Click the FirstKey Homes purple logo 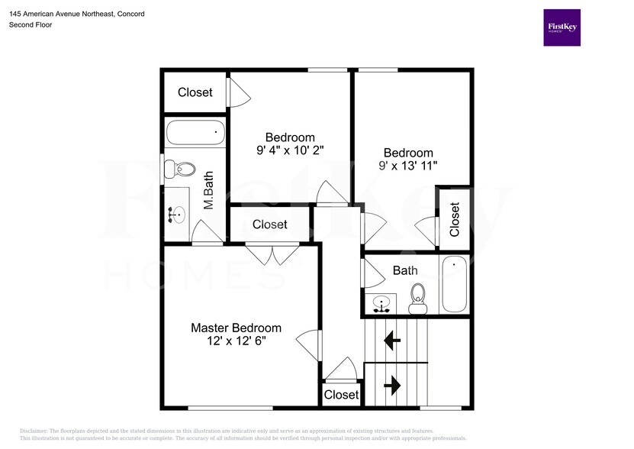(562, 27)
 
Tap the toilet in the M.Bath (180, 169)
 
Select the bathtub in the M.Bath (195, 132)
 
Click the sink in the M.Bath (177, 214)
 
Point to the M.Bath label (208, 190)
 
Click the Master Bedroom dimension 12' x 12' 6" (237, 341)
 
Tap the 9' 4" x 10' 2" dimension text (290, 150)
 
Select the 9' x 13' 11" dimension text (408, 166)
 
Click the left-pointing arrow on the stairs (392, 341)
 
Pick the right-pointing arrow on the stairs (392, 385)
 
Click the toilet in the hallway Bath (417, 299)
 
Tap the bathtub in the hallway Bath (454, 284)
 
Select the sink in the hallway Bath (381, 304)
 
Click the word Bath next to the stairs (405, 270)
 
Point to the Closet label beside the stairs (341, 395)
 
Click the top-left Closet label (195, 92)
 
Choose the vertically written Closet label (455, 219)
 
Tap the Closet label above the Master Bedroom (269, 224)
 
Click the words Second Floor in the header (31, 24)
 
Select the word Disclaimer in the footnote (34, 431)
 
